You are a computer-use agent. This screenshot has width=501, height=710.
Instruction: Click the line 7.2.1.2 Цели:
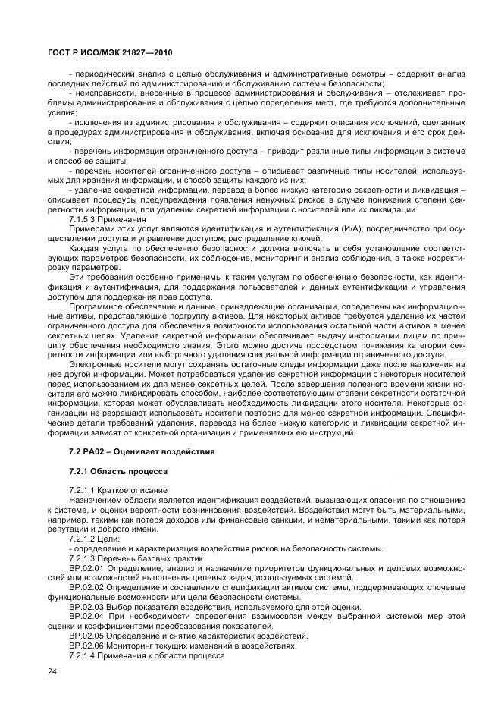pyautogui.click(x=91, y=540)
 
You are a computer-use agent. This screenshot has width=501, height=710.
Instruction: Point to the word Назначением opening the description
pyautogui.click(x=95, y=501)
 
